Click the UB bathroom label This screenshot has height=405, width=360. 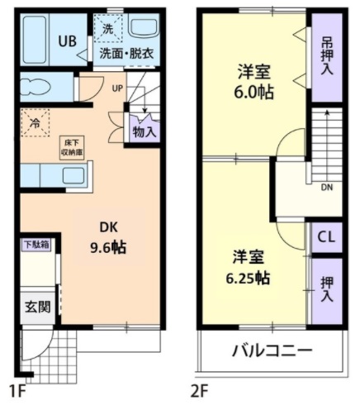67,41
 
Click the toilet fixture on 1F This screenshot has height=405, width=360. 35,88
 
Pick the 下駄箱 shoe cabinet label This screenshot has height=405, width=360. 35,245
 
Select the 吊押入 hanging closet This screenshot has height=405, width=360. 326,55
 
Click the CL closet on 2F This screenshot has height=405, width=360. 326,237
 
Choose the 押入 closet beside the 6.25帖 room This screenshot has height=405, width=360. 326,288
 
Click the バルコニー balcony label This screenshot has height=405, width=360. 271,350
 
